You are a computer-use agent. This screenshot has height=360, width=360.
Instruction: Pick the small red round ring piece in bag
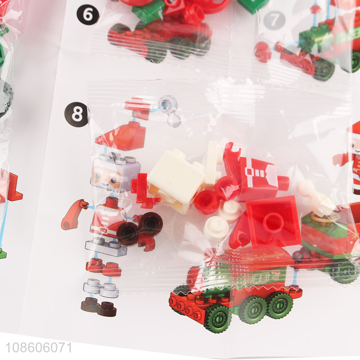click(x=207, y=202)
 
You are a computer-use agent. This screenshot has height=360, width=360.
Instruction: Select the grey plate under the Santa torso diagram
click(x=106, y=247)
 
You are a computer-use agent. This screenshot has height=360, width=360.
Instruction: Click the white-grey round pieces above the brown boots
click(x=100, y=287)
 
